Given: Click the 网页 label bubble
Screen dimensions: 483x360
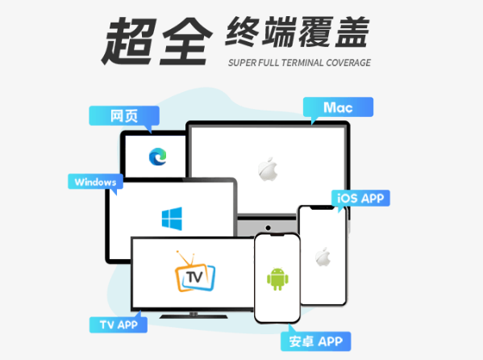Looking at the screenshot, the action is (124, 116).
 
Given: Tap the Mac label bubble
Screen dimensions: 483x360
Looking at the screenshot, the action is (338, 107).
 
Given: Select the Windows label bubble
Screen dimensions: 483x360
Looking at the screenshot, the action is (95, 182).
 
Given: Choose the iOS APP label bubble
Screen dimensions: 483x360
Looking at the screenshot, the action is (360, 198).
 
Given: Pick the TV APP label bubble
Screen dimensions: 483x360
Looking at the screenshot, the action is (119, 324).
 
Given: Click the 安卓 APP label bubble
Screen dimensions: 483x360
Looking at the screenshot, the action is (316, 341).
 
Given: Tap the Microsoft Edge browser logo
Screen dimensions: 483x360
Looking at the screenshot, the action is (158, 157).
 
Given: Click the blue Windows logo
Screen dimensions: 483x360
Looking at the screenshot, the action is (172, 219).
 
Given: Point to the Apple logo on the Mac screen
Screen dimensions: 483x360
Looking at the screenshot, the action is (268, 169).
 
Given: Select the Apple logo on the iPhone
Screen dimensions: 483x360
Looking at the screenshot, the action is (323, 257).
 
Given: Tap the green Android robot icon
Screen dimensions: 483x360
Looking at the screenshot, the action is (277, 278).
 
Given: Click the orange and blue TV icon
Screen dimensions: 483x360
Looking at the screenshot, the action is (194, 271).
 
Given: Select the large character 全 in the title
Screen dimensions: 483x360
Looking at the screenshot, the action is (185, 41).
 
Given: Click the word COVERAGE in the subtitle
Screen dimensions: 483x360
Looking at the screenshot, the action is (348, 63).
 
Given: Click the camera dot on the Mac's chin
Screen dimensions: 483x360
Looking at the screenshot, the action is (268, 228).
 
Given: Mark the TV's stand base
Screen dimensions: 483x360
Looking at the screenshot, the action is (194, 316).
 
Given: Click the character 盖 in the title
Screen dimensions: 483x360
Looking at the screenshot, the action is (352, 32).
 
